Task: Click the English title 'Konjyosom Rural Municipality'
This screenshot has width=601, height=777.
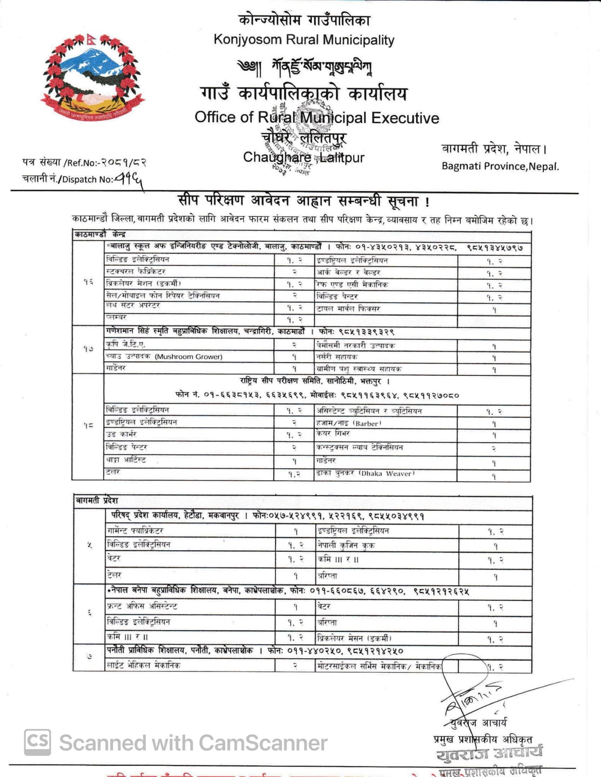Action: pyautogui.click(x=304, y=39)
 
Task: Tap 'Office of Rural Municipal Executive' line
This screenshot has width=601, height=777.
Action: pyautogui.click(x=316, y=118)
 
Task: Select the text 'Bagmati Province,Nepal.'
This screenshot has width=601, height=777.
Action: pyautogui.click(x=500, y=166)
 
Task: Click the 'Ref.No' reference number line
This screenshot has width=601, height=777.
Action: pyautogui.click(x=84, y=163)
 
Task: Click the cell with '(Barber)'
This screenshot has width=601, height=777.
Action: pyautogui.click(x=385, y=423)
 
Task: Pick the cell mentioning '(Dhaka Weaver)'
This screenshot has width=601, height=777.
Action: pyautogui.click(x=385, y=473)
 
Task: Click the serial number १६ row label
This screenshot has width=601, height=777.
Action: pyautogui.click(x=88, y=282)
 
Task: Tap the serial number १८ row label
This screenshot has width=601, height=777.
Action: pyautogui.click(x=88, y=426)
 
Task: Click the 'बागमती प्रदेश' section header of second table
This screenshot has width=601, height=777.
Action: pyautogui.click(x=97, y=501)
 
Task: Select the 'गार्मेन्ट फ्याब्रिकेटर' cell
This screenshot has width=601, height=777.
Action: pyautogui.click(x=190, y=531)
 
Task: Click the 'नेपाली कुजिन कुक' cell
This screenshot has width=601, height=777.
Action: pyautogui.click(x=387, y=545)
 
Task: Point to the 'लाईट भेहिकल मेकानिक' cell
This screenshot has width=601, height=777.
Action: pyautogui.click(x=190, y=665)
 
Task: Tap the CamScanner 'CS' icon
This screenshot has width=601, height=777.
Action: pyautogui.click(x=38, y=742)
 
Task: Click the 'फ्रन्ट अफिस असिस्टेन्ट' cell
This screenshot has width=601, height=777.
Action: pyautogui.click(x=190, y=606)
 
